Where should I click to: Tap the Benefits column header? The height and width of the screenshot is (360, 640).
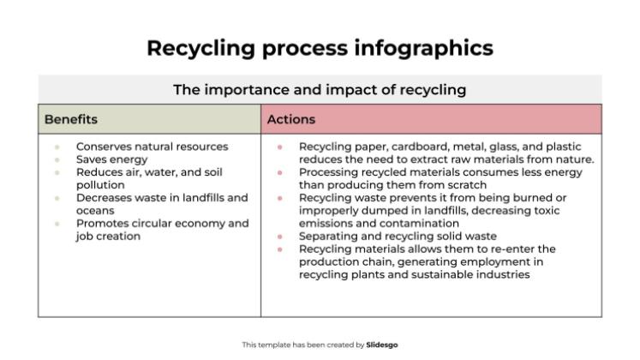click(71, 119)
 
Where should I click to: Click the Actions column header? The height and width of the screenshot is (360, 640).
click(291, 119)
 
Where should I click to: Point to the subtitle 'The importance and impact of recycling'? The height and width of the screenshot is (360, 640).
click(320, 89)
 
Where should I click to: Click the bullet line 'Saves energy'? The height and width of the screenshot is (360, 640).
click(112, 159)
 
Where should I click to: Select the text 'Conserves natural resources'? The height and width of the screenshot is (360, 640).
click(153, 147)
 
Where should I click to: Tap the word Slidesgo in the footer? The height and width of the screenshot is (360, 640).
click(382, 345)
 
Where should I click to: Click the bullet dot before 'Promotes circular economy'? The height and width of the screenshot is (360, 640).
click(57, 224)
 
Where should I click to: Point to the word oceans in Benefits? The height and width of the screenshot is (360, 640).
click(96, 210)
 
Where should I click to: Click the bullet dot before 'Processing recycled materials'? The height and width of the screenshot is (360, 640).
click(280, 172)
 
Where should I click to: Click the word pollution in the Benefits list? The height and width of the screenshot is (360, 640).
click(100, 184)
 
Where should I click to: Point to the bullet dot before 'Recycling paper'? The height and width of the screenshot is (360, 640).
click(280, 147)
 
